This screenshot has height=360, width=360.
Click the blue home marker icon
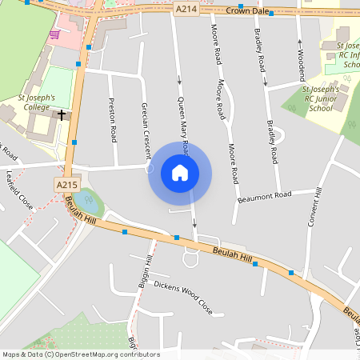point(179,172)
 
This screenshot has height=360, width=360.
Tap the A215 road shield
point(66,185)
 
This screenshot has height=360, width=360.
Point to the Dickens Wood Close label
point(183,295)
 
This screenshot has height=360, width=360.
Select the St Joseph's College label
point(37,102)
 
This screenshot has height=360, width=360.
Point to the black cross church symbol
point(60,115)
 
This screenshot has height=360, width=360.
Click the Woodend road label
point(302,65)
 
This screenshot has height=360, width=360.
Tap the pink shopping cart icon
point(54,35)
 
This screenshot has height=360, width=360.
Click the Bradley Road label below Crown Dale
point(258,52)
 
